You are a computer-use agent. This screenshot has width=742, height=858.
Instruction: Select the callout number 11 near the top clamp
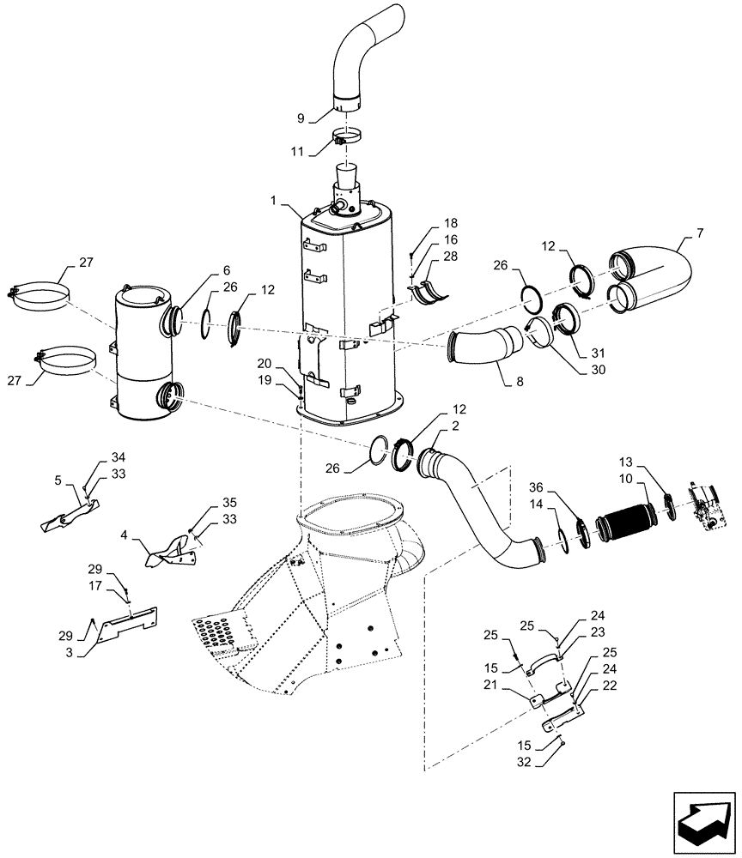[x=297, y=151]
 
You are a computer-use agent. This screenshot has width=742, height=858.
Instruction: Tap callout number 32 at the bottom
[x=526, y=761]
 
